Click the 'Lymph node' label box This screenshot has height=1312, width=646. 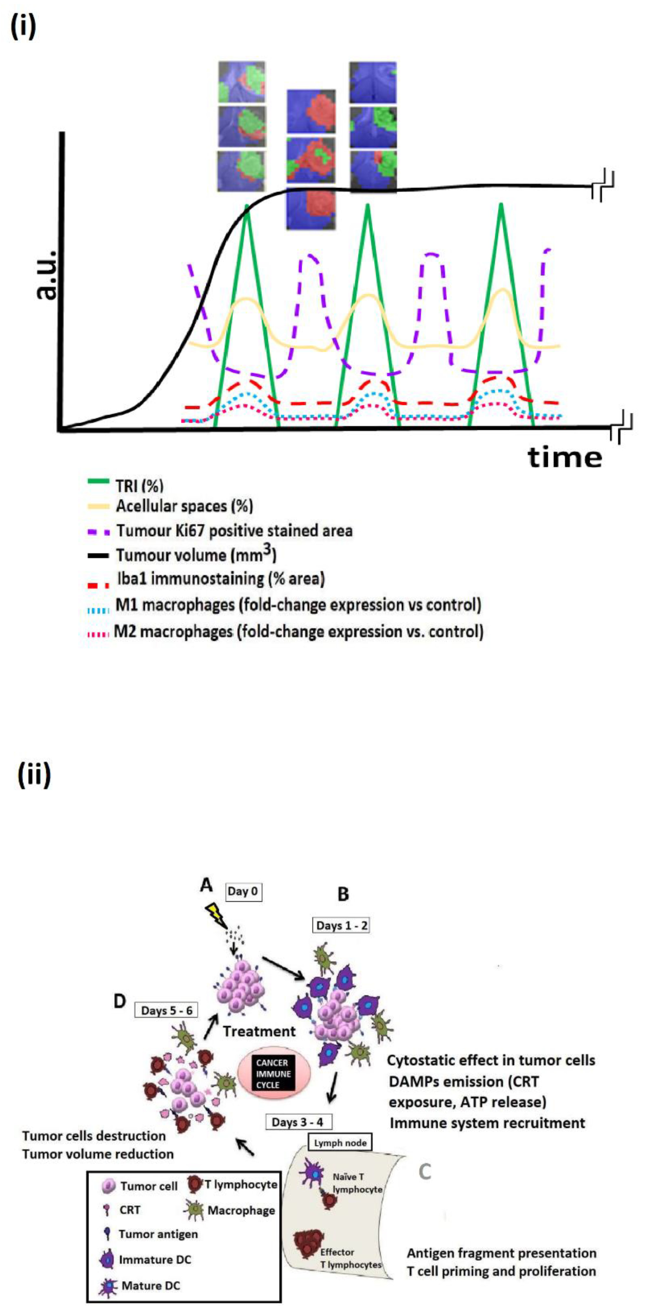point(340,1143)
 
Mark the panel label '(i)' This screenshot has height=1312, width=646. point(23,27)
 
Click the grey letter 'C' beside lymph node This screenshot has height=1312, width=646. point(425,1172)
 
